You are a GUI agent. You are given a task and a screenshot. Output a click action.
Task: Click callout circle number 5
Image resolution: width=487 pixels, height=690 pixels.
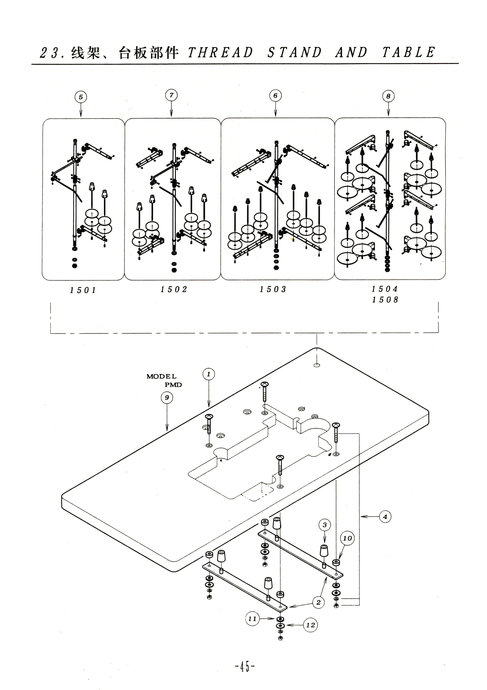[x=81, y=97]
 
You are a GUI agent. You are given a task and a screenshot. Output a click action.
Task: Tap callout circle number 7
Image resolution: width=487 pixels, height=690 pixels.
[x=171, y=95]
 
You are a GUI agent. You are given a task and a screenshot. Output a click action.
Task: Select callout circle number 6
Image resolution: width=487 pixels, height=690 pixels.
[x=276, y=96]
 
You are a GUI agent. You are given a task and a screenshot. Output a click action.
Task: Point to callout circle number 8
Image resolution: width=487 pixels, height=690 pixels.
[x=388, y=96]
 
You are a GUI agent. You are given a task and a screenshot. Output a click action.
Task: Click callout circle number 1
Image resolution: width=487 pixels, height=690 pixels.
[x=209, y=374]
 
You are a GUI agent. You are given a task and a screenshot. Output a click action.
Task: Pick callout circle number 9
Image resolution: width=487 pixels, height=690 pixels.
[x=167, y=398]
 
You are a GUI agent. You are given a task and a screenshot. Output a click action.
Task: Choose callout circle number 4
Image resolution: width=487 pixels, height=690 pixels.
[x=385, y=517]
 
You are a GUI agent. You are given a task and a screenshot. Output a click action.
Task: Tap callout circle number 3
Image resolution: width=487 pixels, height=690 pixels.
[x=325, y=525]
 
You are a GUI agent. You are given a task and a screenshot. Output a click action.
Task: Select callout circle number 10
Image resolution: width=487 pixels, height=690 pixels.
[x=347, y=538]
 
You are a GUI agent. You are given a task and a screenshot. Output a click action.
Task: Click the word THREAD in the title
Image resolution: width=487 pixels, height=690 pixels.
[x=221, y=53]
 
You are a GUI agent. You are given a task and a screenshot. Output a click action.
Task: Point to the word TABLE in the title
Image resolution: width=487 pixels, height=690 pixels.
[x=409, y=52]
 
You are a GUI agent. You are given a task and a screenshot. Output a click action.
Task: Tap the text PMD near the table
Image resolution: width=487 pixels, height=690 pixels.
[x=173, y=385]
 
